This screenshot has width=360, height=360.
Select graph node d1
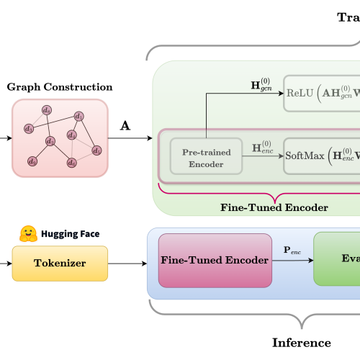(x=79, y=117)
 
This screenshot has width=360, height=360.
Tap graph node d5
(x=97, y=150)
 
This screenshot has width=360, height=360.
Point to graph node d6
(x=71, y=163)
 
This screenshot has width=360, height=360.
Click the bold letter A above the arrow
(x=125, y=126)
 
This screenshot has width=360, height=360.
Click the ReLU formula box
(x=321, y=94)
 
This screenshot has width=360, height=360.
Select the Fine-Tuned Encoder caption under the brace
(x=274, y=207)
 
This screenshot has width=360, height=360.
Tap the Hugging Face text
(x=70, y=235)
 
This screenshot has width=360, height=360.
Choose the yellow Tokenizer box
(x=59, y=263)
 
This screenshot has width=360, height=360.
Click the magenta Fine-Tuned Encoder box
(x=215, y=259)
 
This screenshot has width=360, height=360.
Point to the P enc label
(x=292, y=253)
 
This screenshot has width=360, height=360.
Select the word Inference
(x=301, y=343)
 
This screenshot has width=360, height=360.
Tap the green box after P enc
(x=336, y=258)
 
